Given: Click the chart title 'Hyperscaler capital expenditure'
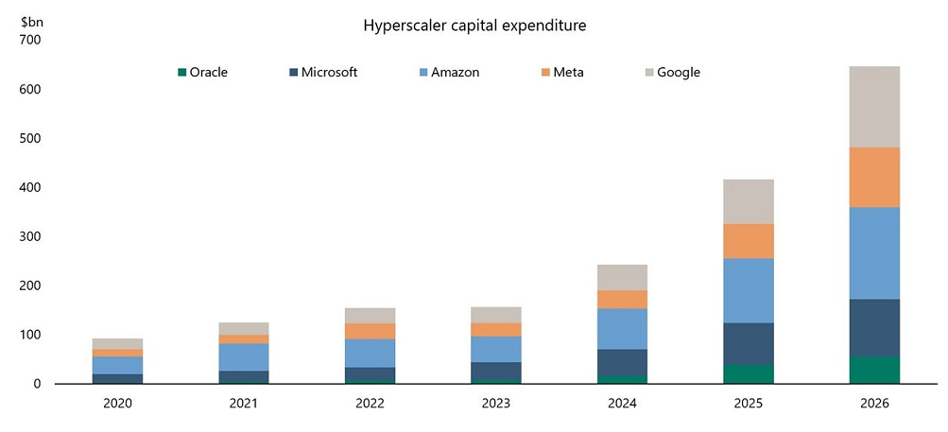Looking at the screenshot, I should [x=474, y=26].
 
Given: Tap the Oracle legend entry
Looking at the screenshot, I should [x=202, y=72].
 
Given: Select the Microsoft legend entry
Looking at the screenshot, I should [x=322, y=72].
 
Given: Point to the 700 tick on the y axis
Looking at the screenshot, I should [x=29, y=41].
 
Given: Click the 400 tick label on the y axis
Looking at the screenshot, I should [x=29, y=188].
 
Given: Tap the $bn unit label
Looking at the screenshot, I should [x=31, y=18].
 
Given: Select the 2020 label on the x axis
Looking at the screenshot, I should [x=117, y=404].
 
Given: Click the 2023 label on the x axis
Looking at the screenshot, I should [x=495, y=404].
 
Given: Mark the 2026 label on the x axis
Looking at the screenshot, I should [x=873, y=404].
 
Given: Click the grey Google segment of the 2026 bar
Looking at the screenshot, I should [x=873, y=107].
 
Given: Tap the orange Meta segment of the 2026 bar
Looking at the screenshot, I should [x=873, y=177].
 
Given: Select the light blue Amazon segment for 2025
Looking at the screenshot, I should [x=748, y=290].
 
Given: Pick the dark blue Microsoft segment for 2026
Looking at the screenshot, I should [x=873, y=327].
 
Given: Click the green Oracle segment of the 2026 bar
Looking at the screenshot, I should [x=873, y=370].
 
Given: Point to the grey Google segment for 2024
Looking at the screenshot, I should [x=622, y=277].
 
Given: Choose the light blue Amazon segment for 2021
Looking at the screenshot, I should [x=244, y=357].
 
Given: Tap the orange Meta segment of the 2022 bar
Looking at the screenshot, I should [x=370, y=331].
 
